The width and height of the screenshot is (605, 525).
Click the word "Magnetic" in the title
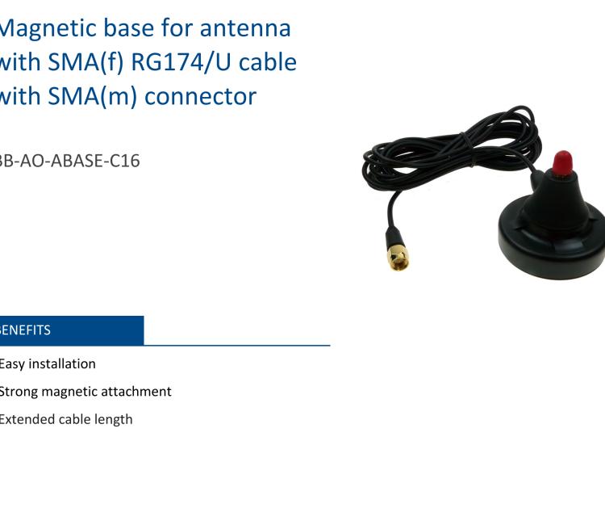tap(44, 27)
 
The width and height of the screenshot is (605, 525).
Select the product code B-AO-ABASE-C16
tap(69, 160)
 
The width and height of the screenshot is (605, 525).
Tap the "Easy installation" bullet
tap(48, 363)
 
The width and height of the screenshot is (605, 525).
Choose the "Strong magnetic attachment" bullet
tap(86, 391)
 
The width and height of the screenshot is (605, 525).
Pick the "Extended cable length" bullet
tap(66, 419)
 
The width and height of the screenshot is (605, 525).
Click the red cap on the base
tap(562, 159)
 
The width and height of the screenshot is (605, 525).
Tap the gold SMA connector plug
tap(397, 254)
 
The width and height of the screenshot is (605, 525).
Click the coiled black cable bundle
tap(452, 153)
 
